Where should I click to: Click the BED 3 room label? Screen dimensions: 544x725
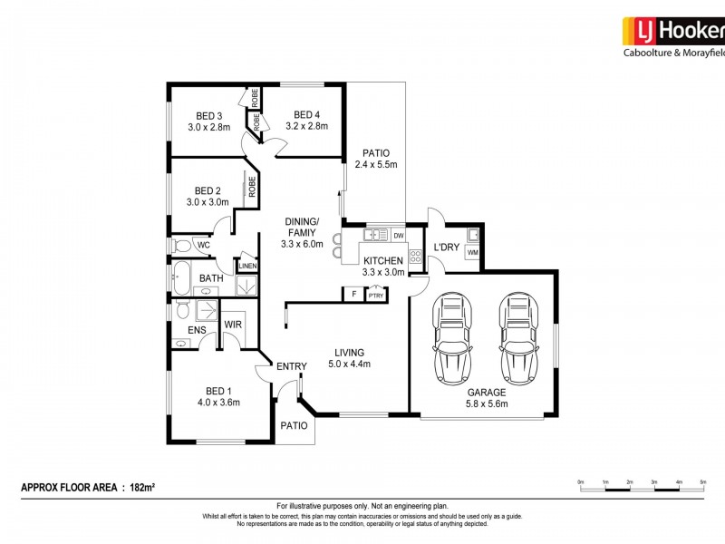pos(209,115)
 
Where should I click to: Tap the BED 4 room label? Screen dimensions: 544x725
pos(306,115)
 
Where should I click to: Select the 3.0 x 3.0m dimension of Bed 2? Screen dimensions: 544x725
pos(208,203)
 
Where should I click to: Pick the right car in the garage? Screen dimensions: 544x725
pos(516,338)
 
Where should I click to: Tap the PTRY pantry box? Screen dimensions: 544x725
pos(375,295)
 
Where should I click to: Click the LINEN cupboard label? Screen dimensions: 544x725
pos(246,266)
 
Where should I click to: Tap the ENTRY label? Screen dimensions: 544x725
pos(292,366)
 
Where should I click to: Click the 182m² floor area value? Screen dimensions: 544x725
pos(140,488)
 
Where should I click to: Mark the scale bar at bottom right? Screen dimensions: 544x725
pos(642,488)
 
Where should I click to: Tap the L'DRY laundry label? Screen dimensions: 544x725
pos(446,247)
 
